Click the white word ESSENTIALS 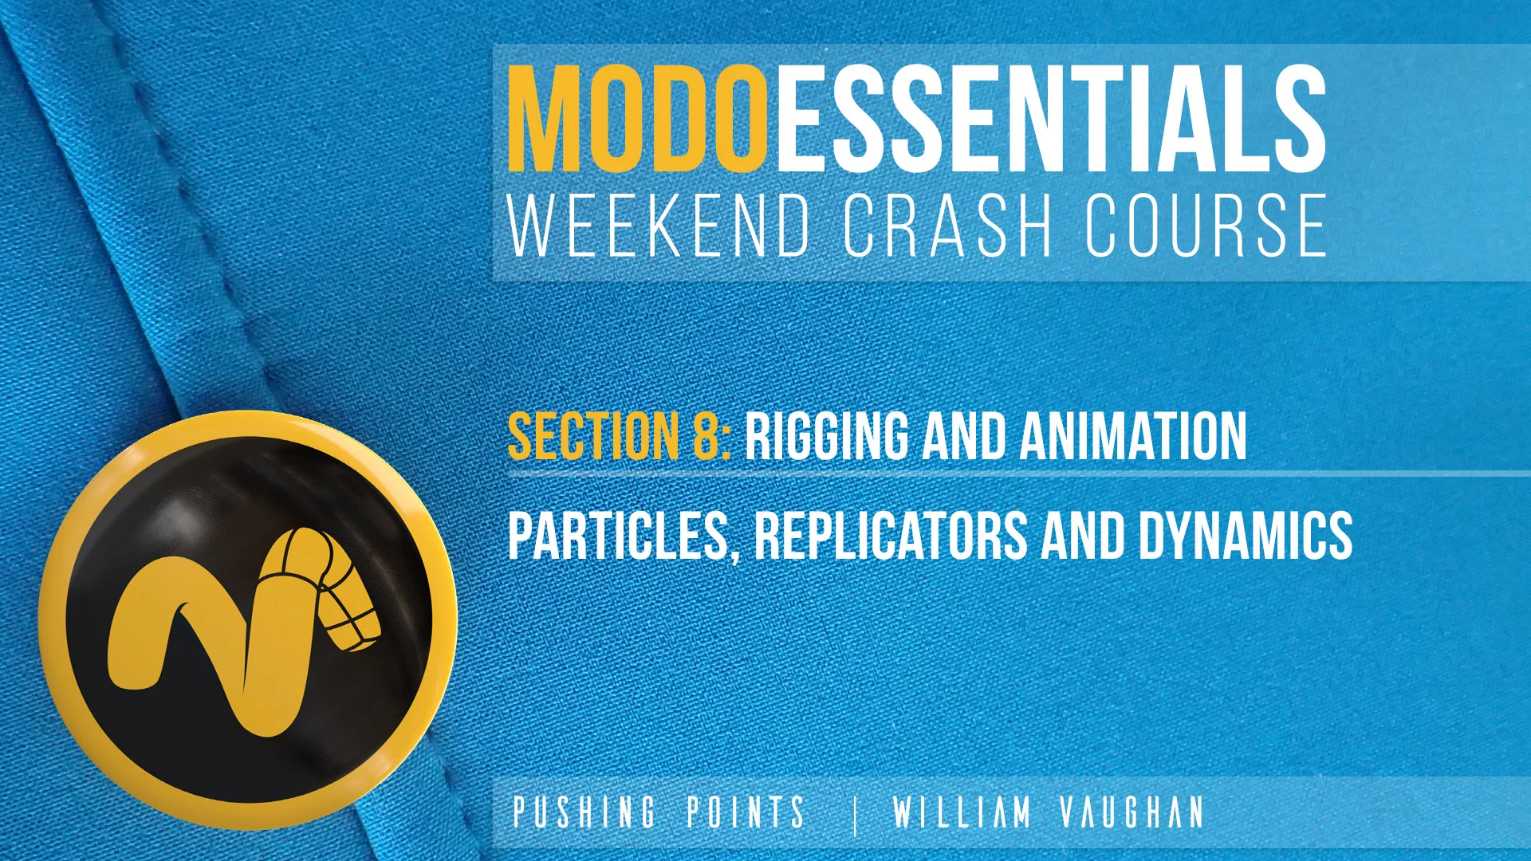tap(1051, 120)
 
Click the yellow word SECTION tap(593, 436)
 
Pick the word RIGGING tap(826, 436)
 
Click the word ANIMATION tap(1133, 436)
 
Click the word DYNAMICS tap(1245, 536)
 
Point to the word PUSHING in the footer tap(584, 812)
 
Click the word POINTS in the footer tap(746, 812)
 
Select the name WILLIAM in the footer tap(962, 812)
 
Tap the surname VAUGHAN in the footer tap(1132, 812)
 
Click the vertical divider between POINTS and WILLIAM tap(856, 815)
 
